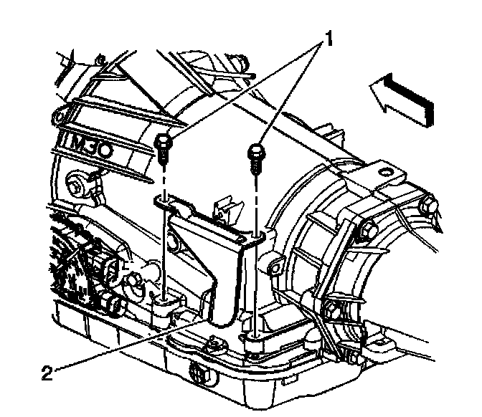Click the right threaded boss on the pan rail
point(255,332)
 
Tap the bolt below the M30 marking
point(77,188)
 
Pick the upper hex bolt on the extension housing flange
point(367,231)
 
